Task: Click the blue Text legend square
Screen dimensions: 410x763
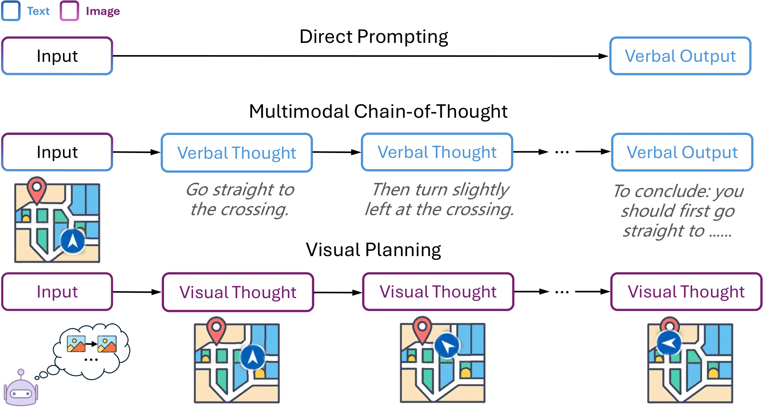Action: (11, 11)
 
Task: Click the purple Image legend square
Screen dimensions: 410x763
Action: (69, 11)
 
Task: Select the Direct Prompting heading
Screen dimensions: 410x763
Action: (374, 37)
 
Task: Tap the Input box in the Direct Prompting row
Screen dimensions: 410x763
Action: (57, 56)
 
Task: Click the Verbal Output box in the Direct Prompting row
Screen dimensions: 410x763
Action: (680, 56)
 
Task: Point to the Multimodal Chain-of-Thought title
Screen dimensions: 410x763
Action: (378, 111)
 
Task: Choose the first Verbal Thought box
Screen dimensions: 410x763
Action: (236, 153)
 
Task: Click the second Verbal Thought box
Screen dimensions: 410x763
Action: (437, 152)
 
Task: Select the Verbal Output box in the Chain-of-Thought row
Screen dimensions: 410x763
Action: (682, 152)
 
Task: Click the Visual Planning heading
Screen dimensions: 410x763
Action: (373, 250)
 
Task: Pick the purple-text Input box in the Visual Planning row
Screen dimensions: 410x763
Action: (57, 292)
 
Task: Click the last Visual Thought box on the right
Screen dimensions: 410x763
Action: (686, 292)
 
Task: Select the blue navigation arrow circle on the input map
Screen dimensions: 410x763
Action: (72, 241)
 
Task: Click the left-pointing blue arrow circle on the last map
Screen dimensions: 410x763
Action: (669, 343)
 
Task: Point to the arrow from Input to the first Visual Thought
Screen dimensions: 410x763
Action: (137, 292)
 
